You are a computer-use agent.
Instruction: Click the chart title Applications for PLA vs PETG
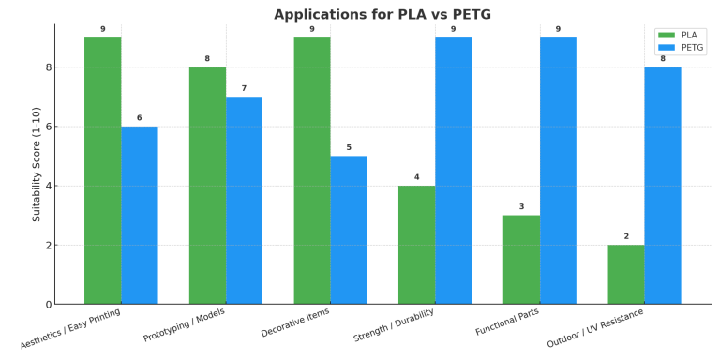(382, 14)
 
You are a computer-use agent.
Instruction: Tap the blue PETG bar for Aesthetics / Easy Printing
(140, 215)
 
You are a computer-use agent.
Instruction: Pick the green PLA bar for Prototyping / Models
(207, 186)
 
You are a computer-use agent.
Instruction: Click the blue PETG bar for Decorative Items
(349, 230)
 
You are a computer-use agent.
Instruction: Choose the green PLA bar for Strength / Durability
(416, 245)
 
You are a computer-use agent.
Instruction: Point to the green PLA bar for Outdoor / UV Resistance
(625, 274)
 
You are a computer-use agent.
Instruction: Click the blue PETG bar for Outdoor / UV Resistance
(663, 186)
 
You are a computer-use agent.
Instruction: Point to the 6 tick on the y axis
(47, 127)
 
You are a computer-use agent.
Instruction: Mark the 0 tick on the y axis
(47, 305)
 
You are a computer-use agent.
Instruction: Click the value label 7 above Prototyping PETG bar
(244, 88)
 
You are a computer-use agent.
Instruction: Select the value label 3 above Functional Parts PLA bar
(521, 206)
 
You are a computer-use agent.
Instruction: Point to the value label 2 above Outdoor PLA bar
(625, 236)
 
